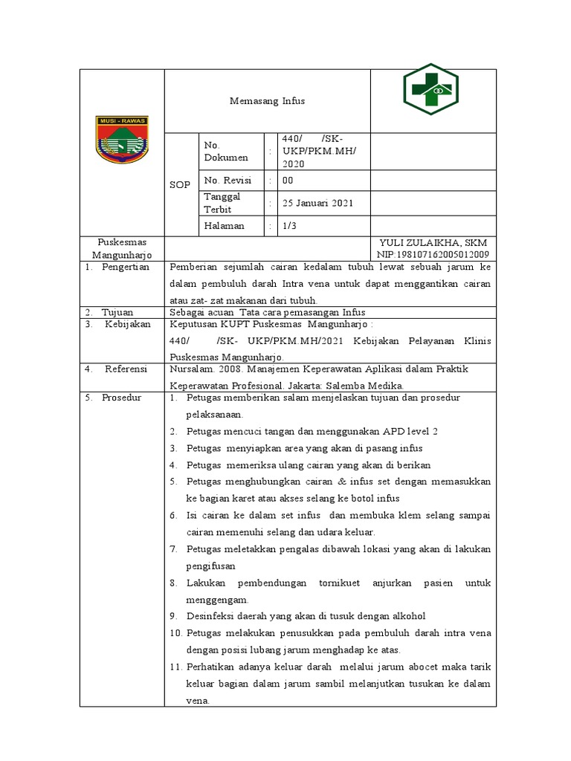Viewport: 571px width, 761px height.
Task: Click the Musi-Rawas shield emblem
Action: (x=122, y=139)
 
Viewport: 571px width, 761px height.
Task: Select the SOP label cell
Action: (x=179, y=184)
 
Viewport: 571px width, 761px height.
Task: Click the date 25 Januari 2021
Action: (x=317, y=203)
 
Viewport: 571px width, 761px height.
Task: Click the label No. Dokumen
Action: (x=226, y=152)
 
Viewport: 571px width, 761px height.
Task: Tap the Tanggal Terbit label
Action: (x=223, y=203)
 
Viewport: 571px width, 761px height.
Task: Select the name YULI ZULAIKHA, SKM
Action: (x=433, y=243)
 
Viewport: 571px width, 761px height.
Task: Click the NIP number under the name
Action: (x=433, y=255)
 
